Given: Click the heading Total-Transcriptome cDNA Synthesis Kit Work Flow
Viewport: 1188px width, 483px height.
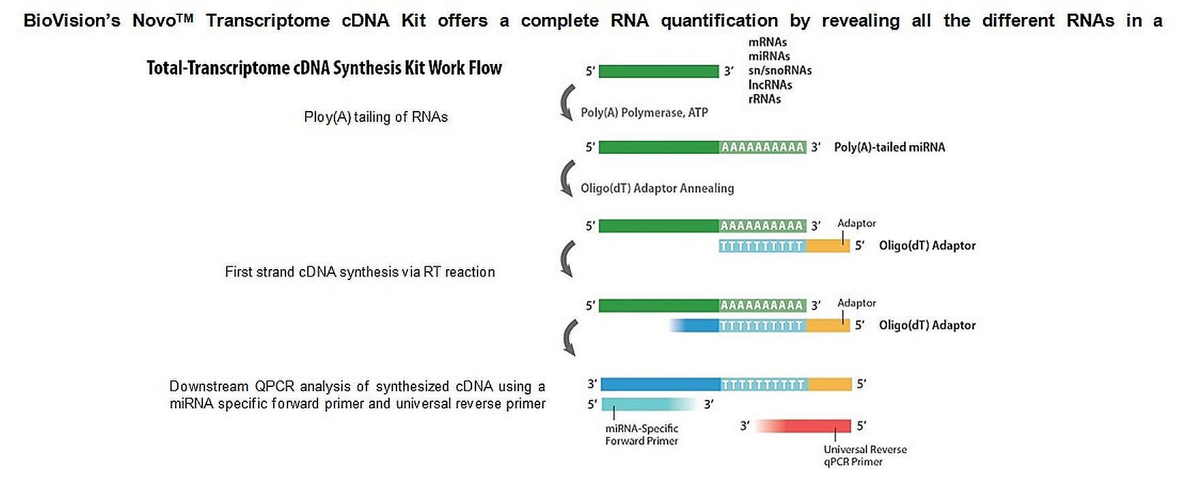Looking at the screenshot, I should pos(324,68).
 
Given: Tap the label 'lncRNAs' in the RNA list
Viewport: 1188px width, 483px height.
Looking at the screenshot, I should pos(770,85).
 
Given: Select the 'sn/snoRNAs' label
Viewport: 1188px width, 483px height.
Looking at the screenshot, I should pos(779,71).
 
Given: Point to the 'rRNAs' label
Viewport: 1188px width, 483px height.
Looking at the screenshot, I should pos(764,99).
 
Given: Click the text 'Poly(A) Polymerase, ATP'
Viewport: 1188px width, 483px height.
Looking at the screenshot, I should pos(644,113).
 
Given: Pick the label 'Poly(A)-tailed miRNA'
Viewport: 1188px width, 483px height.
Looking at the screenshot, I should pos(889,148).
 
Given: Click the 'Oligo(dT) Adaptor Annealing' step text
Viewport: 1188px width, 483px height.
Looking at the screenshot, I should pos(657,189).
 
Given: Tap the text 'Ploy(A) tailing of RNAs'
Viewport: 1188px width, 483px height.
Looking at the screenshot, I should pos(375,117).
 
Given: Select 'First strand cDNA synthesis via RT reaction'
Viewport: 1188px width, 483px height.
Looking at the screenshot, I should pos(360,272).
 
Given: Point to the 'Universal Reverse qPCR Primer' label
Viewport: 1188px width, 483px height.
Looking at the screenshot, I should pos(864,456).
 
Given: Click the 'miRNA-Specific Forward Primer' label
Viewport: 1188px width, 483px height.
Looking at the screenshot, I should pos(642,435).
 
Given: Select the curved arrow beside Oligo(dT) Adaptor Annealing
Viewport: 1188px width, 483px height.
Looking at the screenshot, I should pos(566,179).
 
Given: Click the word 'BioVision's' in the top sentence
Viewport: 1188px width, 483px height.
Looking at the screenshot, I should pos(72,21).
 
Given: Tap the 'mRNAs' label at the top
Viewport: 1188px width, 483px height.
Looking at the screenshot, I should pos(767,42).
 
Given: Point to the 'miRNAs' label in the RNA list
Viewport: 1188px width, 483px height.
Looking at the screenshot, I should pos(769,57).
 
